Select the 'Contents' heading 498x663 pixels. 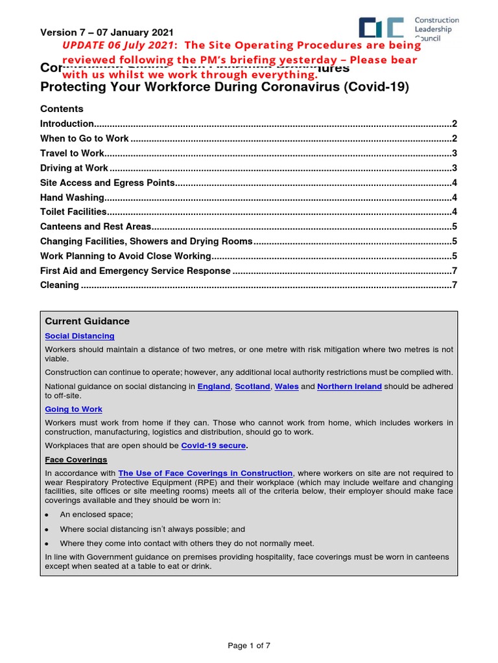point(62,109)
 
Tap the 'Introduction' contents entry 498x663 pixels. point(67,124)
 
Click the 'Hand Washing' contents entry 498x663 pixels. point(72,197)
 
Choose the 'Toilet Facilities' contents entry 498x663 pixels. point(73,212)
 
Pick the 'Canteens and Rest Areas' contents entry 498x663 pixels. point(95,227)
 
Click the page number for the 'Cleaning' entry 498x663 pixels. point(455,285)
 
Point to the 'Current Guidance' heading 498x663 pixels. point(87,321)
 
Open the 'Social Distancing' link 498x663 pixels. point(80,336)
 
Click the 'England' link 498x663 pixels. point(213,387)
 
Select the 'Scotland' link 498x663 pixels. point(253,387)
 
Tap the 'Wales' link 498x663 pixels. point(286,387)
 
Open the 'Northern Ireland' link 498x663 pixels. point(350,387)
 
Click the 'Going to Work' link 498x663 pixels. point(73,409)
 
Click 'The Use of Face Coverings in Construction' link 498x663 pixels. point(206,473)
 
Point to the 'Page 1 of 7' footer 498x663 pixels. point(249,646)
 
